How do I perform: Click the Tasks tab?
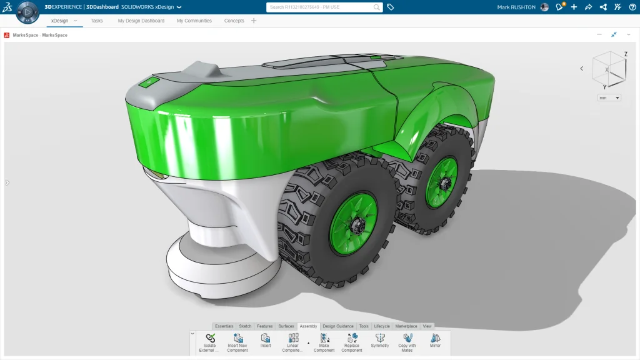coord(97,21)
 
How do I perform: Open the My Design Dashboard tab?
coord(141,21)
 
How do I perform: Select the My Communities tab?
coord(194,21)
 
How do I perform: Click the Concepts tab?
coord(234,21)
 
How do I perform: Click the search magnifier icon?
coord(377,7)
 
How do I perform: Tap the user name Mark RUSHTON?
coord(516,7)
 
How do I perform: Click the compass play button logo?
coord(27,12)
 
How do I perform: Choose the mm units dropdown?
coord(609,97)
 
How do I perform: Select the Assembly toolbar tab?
coord(308,326)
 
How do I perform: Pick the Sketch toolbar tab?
coord(245,326)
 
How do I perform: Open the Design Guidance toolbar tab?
coord(337,326)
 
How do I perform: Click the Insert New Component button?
coord(237,341)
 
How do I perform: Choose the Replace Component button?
coord(352,341)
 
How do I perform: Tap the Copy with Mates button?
coord(407,341)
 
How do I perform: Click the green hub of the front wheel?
coord(353,223)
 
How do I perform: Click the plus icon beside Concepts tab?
coord(254,21)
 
